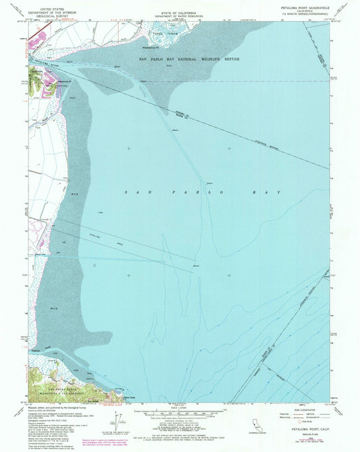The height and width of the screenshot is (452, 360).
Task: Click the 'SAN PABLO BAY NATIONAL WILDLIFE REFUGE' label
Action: pyautogui.click(x=189, y=59)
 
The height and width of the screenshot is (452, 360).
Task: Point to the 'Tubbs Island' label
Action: pyautogui.click(x=158, y=32)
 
